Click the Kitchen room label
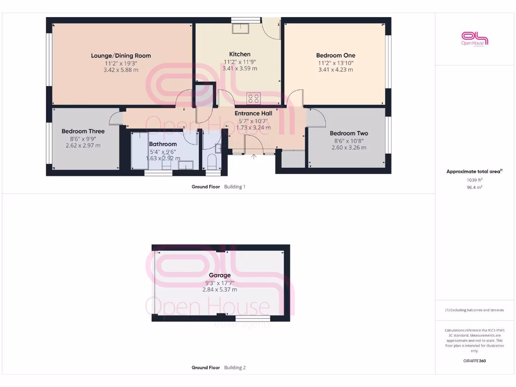[239, 54]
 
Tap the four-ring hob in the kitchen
[253, 98]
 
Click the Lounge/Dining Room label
[121, 55]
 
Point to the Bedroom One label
[336, 55]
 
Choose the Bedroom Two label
[349, 133]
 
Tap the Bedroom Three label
[83, 131]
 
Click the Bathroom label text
[163, 144]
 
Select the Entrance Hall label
[253, 113]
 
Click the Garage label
[220, 275]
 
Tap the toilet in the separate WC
[212, 163]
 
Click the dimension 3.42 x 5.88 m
[121, 70]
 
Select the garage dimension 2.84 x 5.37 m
[220, 290]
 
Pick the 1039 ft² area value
[474, 179]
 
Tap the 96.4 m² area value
[474, 187]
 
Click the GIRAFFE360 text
[474, 361]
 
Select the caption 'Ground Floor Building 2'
[218, 368]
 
